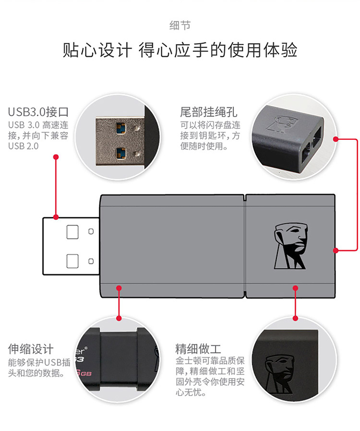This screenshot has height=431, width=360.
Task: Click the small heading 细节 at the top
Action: click(x=180, y=25)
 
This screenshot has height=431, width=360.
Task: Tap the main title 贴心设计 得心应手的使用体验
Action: click(x=180, y=50)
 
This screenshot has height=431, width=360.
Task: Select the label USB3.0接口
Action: click(x=38, y=112)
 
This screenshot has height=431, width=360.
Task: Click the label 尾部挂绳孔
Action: click(x=209, y=112)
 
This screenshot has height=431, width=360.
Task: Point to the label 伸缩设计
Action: click(x=31, y=349)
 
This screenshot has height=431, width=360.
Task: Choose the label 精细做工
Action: click(x=198, y=349)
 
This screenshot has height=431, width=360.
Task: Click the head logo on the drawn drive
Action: click(x=290, y=246)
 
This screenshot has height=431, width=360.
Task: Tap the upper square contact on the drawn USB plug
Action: click(x=72, y=232)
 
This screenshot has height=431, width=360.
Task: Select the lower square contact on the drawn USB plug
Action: click(x=72, y=261)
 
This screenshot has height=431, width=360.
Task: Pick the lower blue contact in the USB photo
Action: click(x=120, y=154)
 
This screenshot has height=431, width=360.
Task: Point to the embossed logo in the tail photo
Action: click(x=282, y=124)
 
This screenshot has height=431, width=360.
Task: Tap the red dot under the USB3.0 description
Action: click(x=56, y=157)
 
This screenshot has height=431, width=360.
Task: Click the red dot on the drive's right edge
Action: click(x=336, y=251)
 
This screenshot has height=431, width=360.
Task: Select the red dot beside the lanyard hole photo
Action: click(x=336, y=139)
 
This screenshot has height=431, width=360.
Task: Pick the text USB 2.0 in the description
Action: click(x=24, y=146)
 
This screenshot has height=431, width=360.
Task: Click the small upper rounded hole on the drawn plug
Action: click(x=91, y=231)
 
